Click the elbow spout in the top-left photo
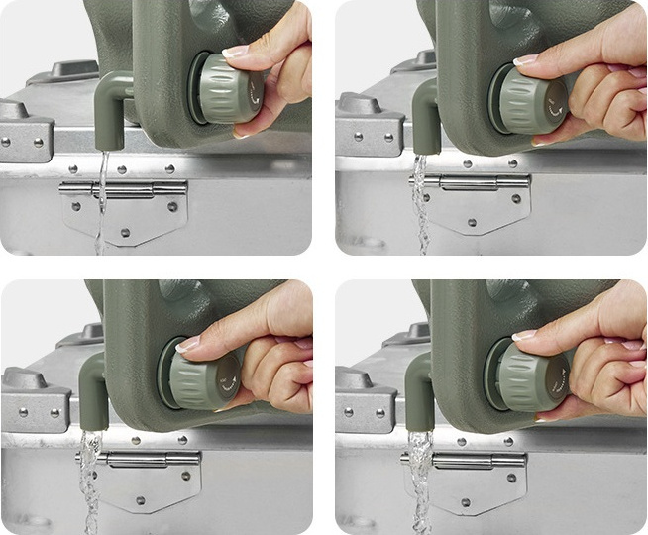point(113,109)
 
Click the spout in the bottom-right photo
point(420,389)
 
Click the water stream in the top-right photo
point(420,198)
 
